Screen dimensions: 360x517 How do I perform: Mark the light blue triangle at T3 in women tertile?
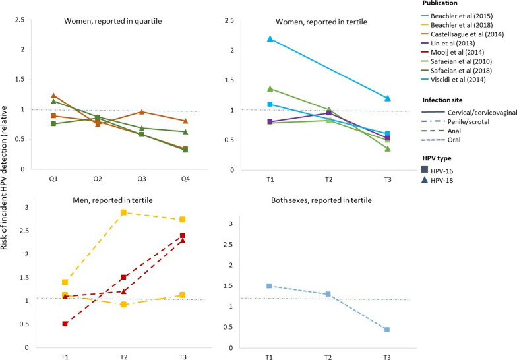click(x=388, y=98)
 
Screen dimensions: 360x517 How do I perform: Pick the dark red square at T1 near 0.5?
click(x=65, y=324)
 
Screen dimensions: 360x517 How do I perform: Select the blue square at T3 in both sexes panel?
click(x=387, y=330)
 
